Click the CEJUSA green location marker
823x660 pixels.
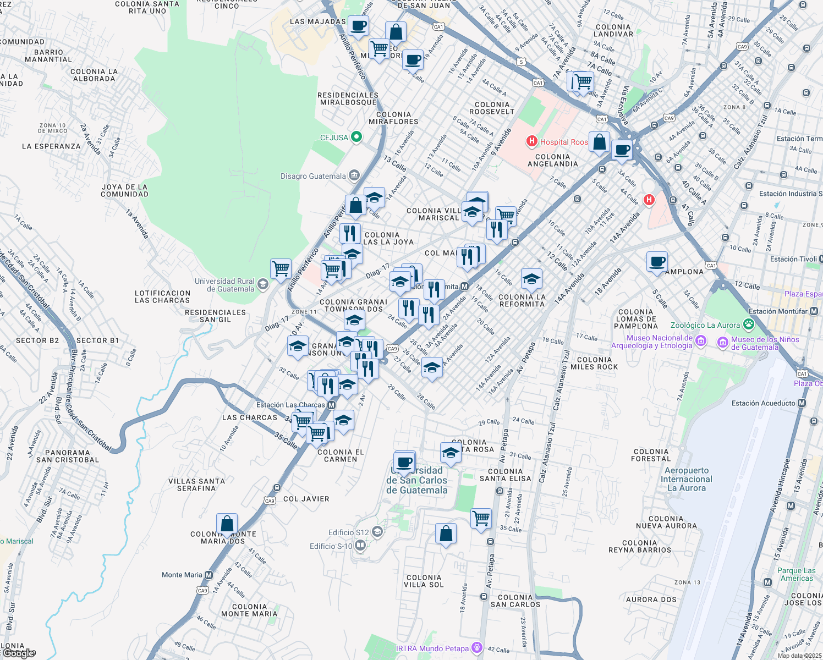coord(356,137)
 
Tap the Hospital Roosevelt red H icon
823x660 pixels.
coord(531,141)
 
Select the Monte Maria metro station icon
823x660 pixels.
coord(209,575)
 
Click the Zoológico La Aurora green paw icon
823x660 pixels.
coord(748,324)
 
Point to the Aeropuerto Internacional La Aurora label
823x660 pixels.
coord(686,479)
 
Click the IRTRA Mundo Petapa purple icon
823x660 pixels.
coord(477,648)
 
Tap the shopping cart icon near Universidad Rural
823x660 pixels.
coord(281,269)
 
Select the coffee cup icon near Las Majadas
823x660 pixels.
coord(358,25)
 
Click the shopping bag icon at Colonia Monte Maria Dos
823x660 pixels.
coord(227,524)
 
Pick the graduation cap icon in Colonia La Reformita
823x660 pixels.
coord(531,279)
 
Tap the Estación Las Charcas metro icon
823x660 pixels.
coord(331,405)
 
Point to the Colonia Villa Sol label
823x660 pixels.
coord(423,581)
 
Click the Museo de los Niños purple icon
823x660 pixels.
coord(722,343)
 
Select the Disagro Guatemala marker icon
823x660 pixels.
coord(354,175)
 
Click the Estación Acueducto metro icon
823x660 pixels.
coord(802,403)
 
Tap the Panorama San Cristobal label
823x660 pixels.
coord(68,456)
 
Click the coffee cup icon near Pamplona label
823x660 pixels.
coord(656,261)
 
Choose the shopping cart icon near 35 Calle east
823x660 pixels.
coord(481,518)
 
